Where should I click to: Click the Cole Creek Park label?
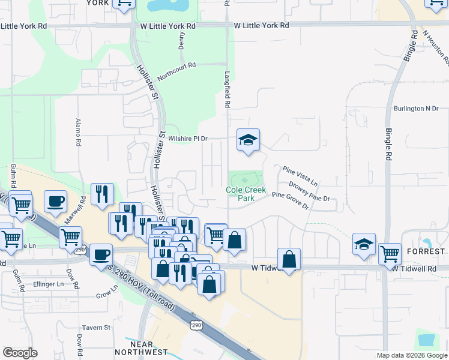[x=246, y=193]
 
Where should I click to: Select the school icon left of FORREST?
[x=364, y=245]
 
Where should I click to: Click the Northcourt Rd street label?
[x=176, y=72]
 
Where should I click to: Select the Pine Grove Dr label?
[x=290, y=200]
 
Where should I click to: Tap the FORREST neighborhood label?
[x=427, y=251]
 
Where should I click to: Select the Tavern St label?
[x=96, y=328]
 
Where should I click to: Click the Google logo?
[x=20, y=353]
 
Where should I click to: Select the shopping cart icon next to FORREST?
[x=390, y=254]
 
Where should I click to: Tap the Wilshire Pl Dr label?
[x=187, y=139]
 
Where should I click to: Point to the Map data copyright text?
[x=411, y=355]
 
